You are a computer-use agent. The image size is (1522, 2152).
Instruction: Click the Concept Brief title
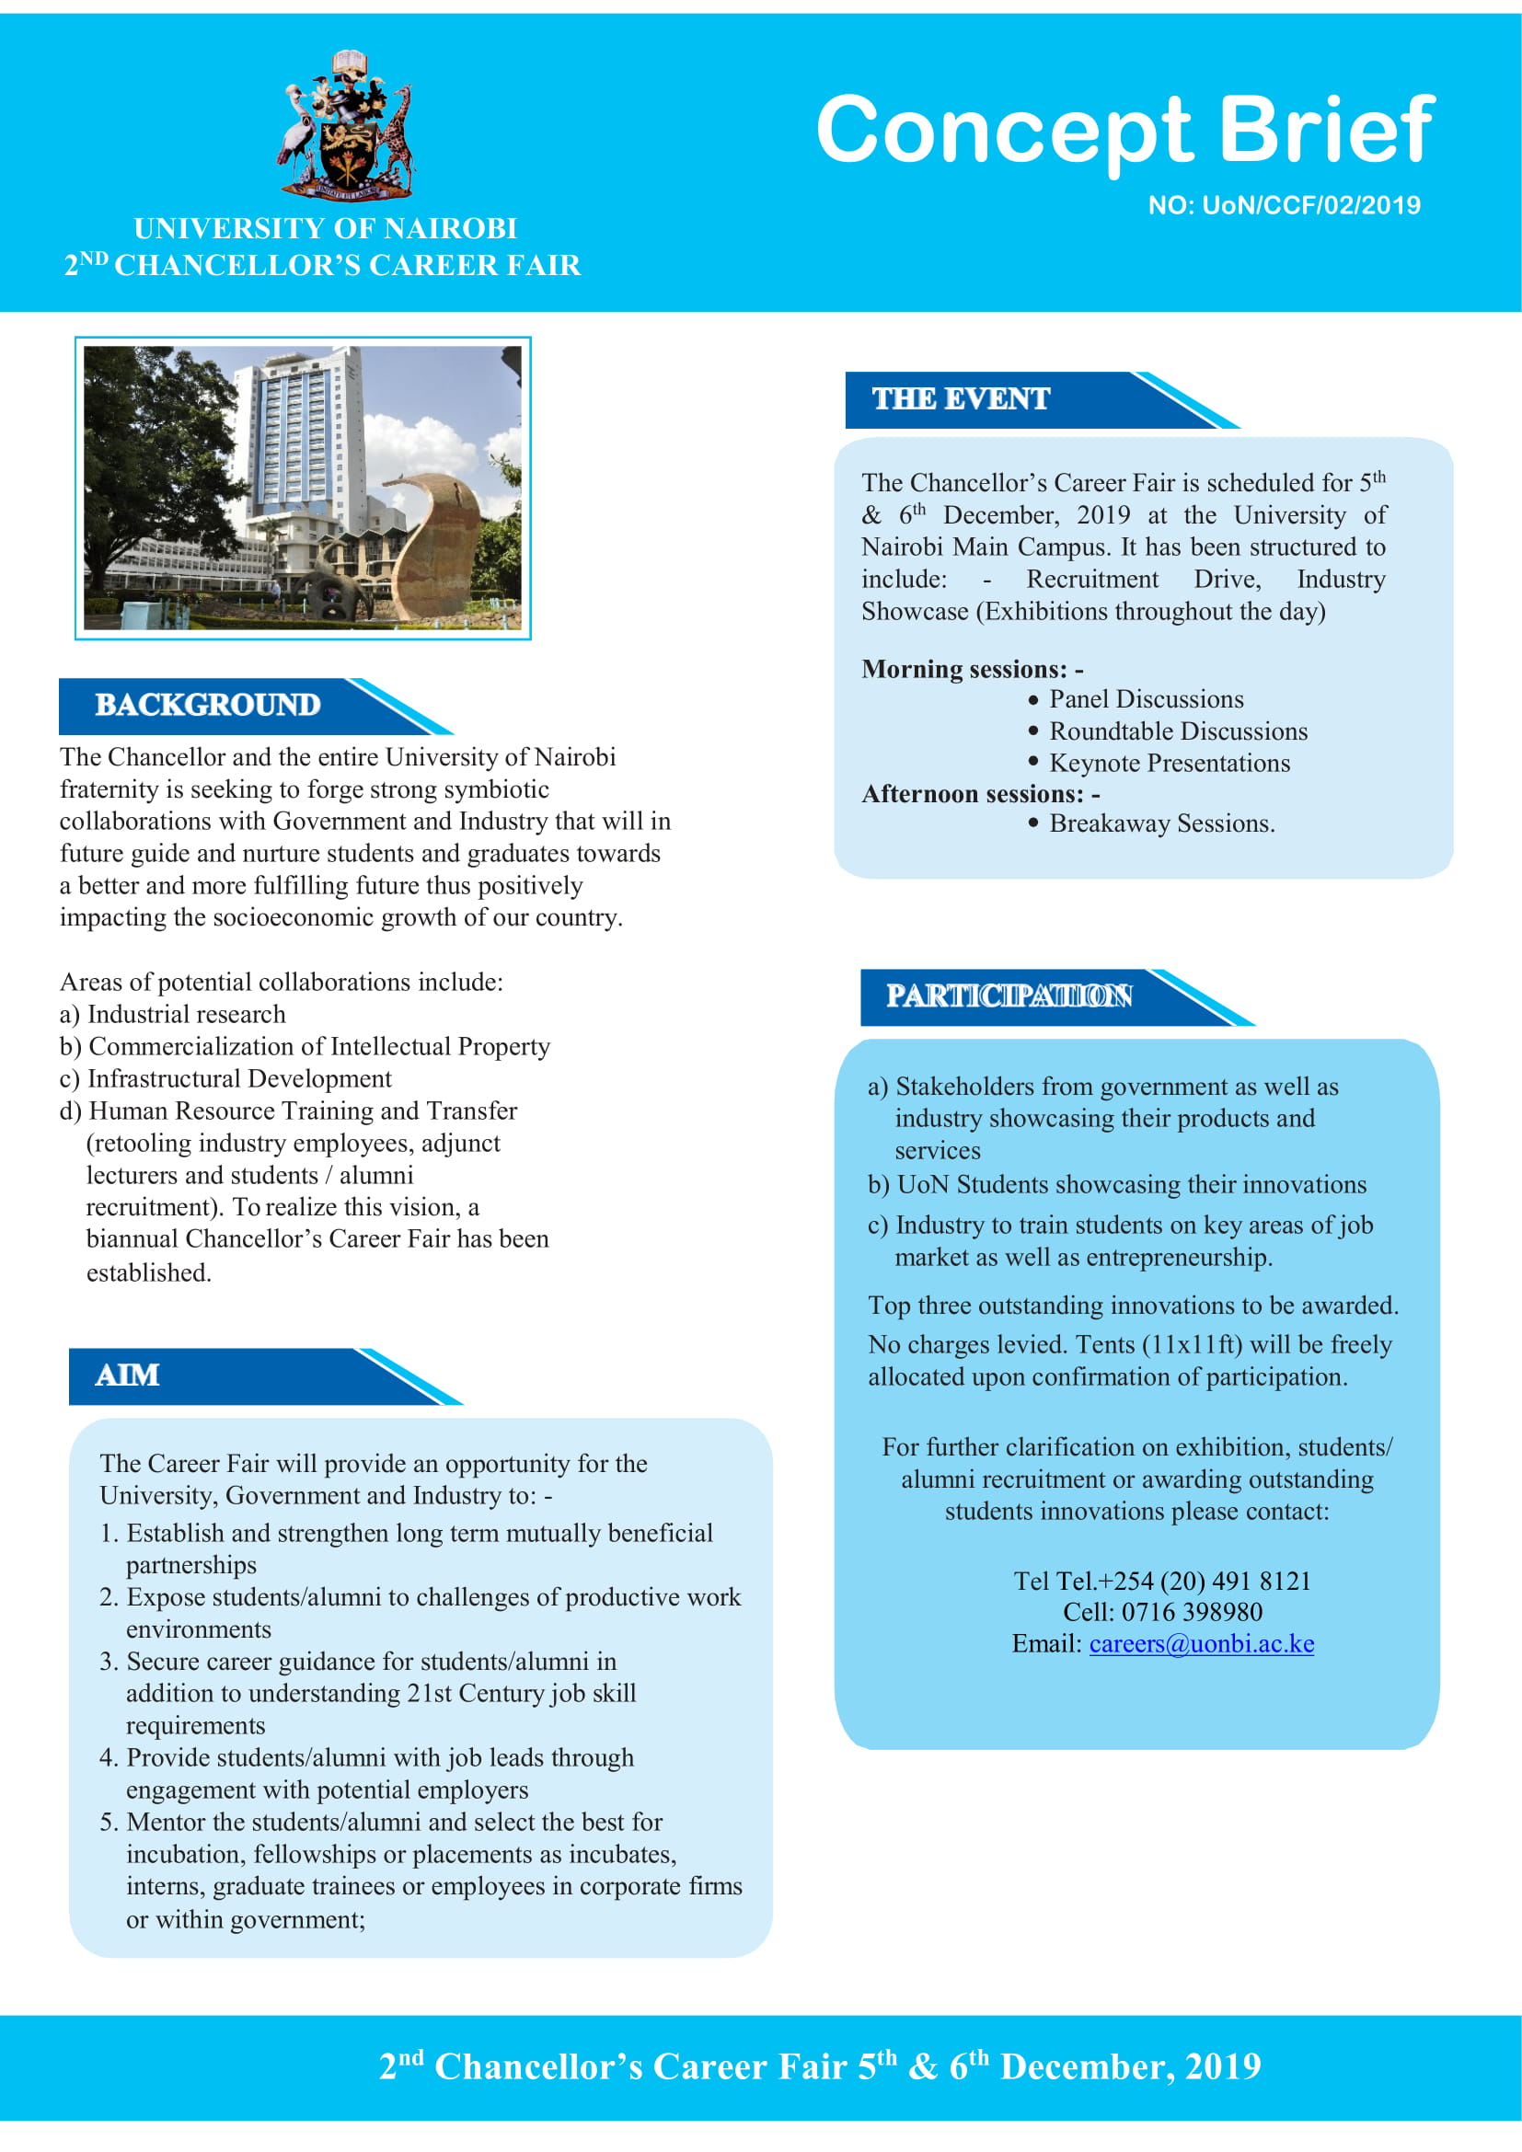1124,130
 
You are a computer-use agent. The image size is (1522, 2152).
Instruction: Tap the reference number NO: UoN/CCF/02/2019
1283,205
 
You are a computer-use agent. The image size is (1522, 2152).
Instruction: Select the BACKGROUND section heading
207,705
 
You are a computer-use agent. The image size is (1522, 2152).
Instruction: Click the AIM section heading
128,1375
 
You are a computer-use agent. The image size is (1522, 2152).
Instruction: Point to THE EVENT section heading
961,399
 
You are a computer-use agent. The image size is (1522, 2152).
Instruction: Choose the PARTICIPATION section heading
1009,995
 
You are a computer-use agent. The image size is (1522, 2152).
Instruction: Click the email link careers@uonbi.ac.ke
1201,1643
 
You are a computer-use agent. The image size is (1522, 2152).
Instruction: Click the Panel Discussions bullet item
1146,699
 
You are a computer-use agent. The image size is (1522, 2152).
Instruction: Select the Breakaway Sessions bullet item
1161,823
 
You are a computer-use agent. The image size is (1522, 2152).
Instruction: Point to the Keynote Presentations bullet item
1169,763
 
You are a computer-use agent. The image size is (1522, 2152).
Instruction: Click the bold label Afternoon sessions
979,794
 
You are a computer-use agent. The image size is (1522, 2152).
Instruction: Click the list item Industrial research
186,1014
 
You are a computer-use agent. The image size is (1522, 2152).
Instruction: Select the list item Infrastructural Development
239,1079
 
